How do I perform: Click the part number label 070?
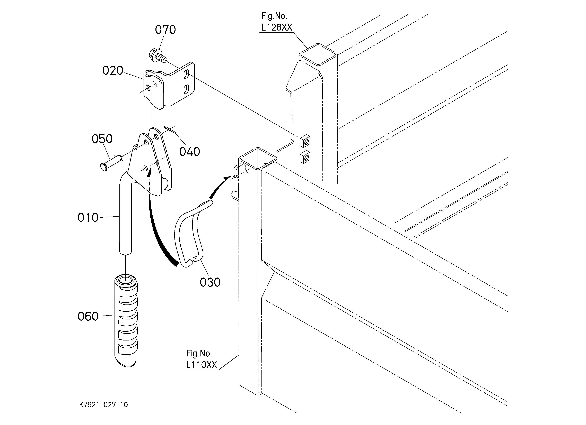click(165, 30)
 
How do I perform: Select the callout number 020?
click(113, 70)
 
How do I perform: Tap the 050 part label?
click(102, 139)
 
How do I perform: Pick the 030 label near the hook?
click(210, 282)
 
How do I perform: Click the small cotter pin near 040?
click(170, 130)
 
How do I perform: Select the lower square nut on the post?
click(305, 157)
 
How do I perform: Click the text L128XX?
click(276, 27)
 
